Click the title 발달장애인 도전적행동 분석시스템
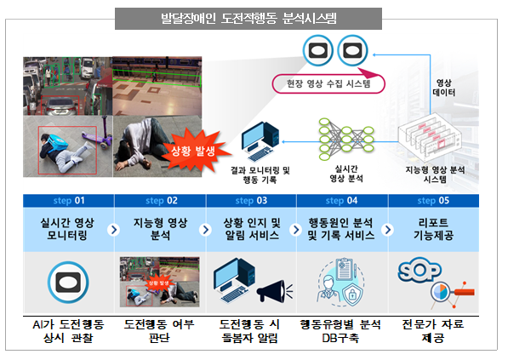pyautogui.click(x=248, y=19)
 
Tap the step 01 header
pyautogui.click(x=69, y=201)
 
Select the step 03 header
pyautogui.click(x=251, y=201)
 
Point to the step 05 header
pyautogui.click(x=433, y=201)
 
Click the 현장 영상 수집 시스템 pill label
pyautogui.click(x=328, y=84)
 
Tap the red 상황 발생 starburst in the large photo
pyautogui.click(x=194, y=150)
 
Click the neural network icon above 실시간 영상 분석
pyautogui.click(x=346, y=140)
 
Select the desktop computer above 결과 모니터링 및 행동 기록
pyautogui.click(x=260, y=141)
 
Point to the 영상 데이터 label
pyautogui.click(x=444, y=88)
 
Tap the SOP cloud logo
pyautogui.click(x=420, y=270)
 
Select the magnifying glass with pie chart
pyautogui.click(x=452, y=293)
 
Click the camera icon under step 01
pyautogui.click(x=68, y=283)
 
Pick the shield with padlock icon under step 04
pyautogui.click(x=352, y=294)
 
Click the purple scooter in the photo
pyautogui.click(x=97, y=134)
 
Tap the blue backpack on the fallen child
pyautogui.click(x=55, y=144)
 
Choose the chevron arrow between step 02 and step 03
pyautogui.click(x=205, y=230)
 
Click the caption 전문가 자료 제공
pyautogui.click(x=433, y=331)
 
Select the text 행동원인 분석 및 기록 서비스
pyautogui.click(x=341, y=229)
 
